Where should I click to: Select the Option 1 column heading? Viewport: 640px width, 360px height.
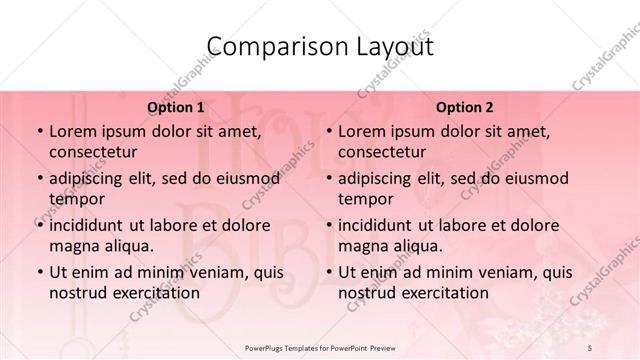[176, 107]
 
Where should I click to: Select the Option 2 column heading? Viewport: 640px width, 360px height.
[465, 107]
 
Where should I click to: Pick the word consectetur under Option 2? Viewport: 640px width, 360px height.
[382, 153]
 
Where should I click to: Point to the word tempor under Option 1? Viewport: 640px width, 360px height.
[76, 199]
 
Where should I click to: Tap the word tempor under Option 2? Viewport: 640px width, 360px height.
[365, 199]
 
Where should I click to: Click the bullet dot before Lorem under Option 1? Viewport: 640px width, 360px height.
[38, 132]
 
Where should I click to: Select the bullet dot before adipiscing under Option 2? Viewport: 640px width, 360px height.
[327, 179]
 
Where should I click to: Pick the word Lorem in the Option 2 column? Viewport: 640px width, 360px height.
[362, 131]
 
